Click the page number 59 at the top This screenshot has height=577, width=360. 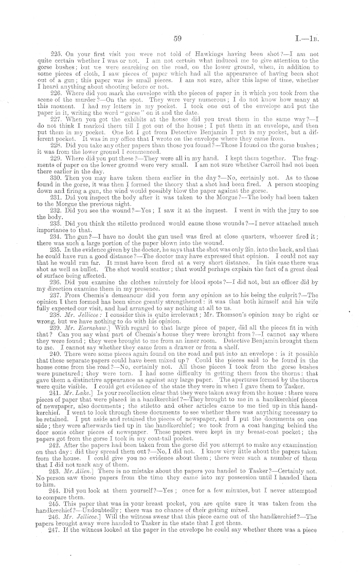pos(178,38)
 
